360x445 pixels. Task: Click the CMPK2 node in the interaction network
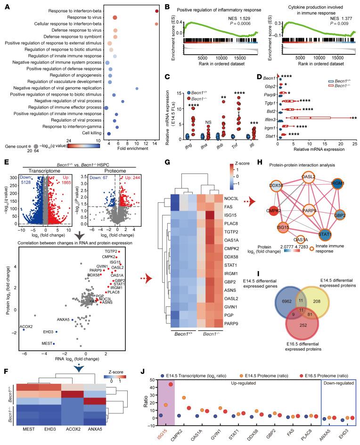273,231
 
